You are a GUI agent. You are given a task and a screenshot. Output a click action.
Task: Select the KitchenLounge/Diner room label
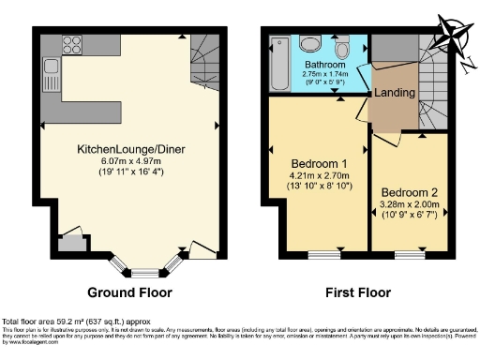pos(130,149)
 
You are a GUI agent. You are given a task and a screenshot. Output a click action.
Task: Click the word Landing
pos(393,94)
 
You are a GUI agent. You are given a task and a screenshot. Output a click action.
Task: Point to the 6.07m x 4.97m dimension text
pos(130,160)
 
